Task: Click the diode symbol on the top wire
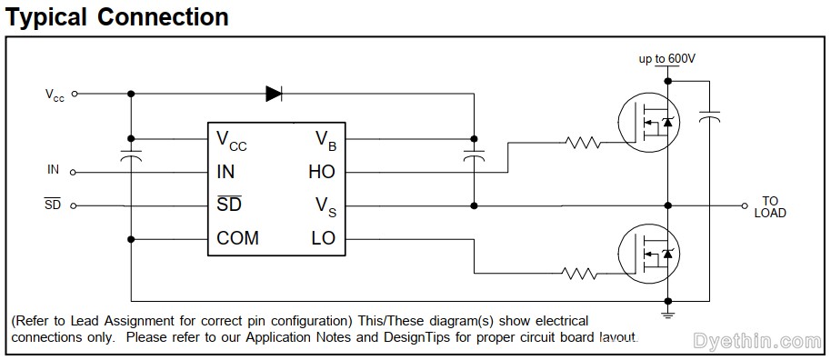[x=274, y=93]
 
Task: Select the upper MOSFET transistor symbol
[x=646, y=122]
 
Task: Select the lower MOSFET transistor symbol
[x=646, y=252]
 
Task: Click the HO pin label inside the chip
[x=322, y=172]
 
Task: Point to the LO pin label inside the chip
[x=323, y=238]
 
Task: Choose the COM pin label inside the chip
[x=237, y=238]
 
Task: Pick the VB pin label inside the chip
[x=325, y=139]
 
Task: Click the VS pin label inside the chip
[x=325, y=206]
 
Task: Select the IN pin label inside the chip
[x=226, y=172]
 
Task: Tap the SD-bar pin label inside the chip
[x=229, y=205]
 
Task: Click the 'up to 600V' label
[x=666, y=59]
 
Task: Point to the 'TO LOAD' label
[x=770, y=206]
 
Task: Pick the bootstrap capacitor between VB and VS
[x=472, y=158]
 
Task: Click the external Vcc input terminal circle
[x=75, y=93]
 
